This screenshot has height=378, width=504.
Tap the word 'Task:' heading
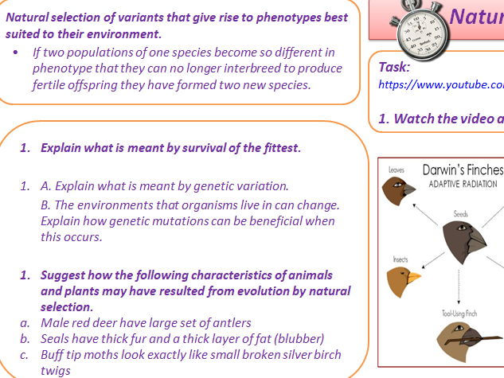tap(394, 68)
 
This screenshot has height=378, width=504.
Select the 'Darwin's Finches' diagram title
tap(463, 170)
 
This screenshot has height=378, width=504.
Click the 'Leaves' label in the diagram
tap(397, 170)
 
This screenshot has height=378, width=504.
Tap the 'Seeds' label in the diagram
tap(460, 213)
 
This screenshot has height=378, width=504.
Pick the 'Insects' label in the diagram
tap(400, 259)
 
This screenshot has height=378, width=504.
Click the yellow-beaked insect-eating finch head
tap(403, 281)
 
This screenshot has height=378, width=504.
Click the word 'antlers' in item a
tap(230, 322)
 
